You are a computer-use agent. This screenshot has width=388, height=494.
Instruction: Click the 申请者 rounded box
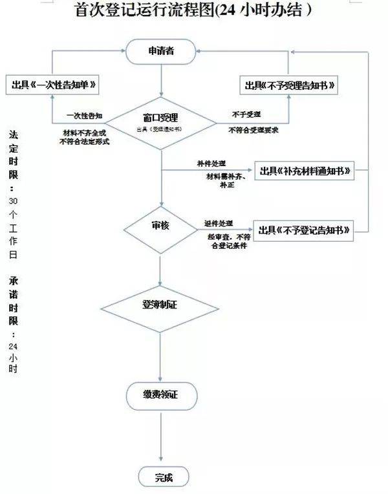coord(160,52)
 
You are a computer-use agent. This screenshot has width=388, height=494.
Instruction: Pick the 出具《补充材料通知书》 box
coord(305,171)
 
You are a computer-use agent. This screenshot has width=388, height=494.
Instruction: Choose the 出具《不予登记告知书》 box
coord(305,230)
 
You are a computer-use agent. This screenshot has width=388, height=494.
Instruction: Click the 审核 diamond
coord(160,227)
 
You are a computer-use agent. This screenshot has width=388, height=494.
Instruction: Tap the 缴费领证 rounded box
coord(160,395)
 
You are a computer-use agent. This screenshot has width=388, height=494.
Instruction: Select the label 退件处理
coord(218,222)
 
